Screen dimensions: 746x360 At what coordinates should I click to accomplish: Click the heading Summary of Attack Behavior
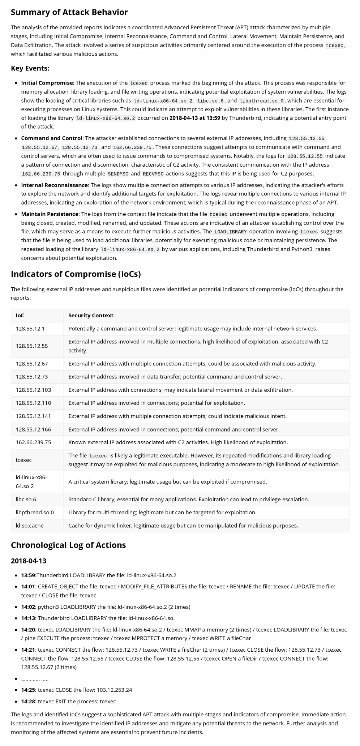69,12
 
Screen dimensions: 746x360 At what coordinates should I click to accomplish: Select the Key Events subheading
30,68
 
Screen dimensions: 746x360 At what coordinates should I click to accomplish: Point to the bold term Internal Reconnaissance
54,185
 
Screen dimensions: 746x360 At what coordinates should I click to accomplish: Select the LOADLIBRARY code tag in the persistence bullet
230,232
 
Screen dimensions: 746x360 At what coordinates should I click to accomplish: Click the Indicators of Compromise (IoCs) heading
76,274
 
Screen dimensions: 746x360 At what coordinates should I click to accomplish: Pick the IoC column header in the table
20,316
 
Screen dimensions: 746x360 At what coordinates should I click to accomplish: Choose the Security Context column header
91,316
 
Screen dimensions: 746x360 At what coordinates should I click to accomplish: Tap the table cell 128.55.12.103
33,390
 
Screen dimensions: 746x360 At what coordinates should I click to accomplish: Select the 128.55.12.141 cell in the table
33,416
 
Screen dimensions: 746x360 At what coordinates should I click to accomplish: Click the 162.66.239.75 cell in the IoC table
33,442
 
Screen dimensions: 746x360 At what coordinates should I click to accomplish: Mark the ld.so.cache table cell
29,526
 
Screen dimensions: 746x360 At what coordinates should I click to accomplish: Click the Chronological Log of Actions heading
68,545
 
